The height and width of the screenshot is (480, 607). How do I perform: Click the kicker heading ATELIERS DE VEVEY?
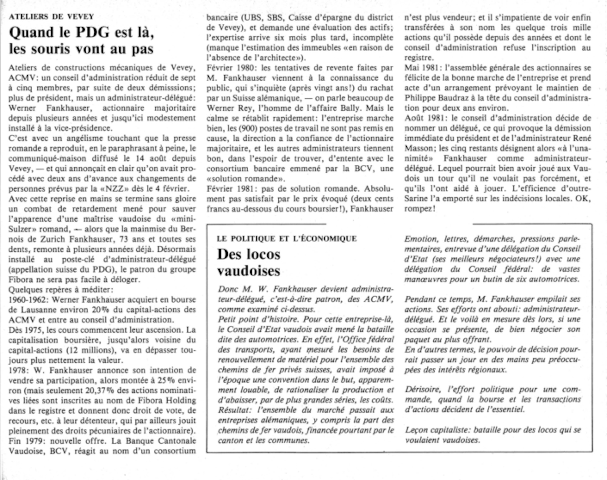coord(52,16)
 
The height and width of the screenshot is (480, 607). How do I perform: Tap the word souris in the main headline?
coord(53,49)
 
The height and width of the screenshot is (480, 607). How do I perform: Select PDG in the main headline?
coord(91,32)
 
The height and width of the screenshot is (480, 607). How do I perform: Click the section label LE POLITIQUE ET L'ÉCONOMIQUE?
coord(287,239)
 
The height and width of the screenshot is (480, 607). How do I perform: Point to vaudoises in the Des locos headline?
coord(249,270)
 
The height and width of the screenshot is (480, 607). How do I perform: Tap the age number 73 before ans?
coord(124,239)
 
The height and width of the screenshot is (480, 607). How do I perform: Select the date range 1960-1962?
coord(28,300)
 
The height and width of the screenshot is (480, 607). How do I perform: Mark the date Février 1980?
coord(232,68)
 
